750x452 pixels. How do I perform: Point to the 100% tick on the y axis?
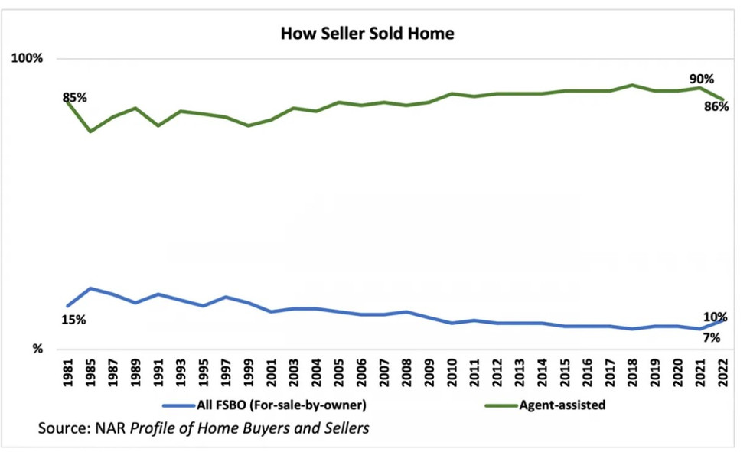tap(27, 59)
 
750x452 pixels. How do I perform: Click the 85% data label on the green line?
tap(75, 98)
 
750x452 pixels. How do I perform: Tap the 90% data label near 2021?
tap(701, 79)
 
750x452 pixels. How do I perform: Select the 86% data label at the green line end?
tap(716, 107)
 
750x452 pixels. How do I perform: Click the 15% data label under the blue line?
tap(73, 320)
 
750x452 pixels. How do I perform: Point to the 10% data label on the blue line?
tap(716, 317)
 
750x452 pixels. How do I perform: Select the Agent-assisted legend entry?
tap(562, 405)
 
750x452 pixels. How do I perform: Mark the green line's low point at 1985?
tap(91, 132)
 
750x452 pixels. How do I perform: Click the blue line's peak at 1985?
tap(91, 288)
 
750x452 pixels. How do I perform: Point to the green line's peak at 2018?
tap(632, 85)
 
